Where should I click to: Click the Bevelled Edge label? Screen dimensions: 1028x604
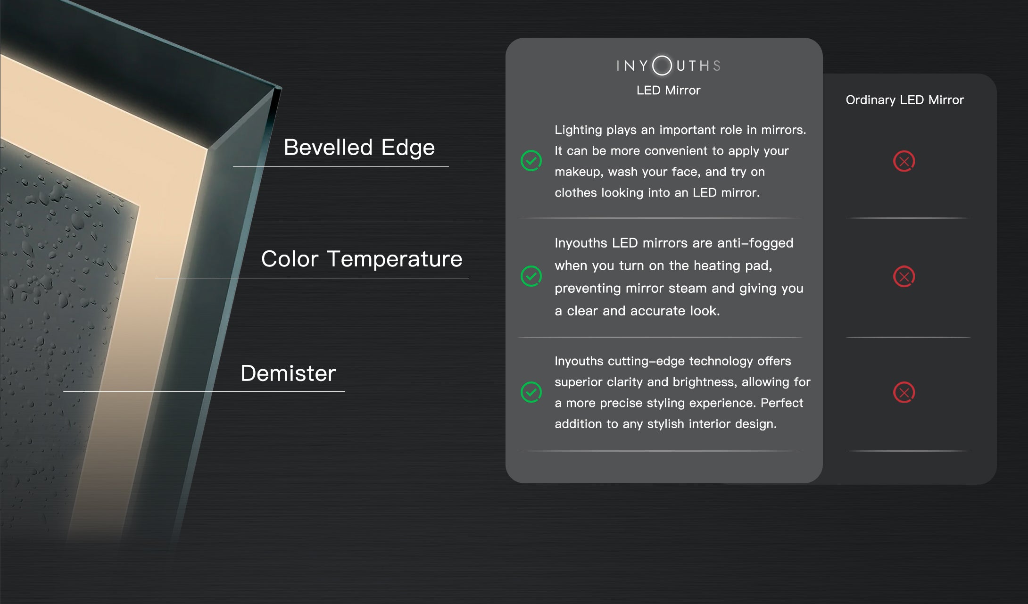359,148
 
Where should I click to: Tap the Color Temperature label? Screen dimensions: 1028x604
362,259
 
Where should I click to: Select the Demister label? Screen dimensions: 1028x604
288,373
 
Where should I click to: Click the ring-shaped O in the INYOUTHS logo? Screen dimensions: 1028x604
662,65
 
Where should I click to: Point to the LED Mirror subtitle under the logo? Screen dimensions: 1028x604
668,90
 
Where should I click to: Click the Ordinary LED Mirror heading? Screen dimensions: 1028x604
904,100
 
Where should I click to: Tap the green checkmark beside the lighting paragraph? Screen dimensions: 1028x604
531,161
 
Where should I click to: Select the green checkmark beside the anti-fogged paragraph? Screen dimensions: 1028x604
531,276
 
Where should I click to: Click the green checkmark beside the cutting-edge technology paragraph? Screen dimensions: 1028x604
531,392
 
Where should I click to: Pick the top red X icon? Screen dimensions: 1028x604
904,161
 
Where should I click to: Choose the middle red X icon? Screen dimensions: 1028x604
904,276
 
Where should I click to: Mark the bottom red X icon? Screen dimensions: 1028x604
904,392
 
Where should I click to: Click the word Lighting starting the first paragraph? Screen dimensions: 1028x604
578,130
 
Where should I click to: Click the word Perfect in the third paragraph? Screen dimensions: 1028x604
782,403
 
